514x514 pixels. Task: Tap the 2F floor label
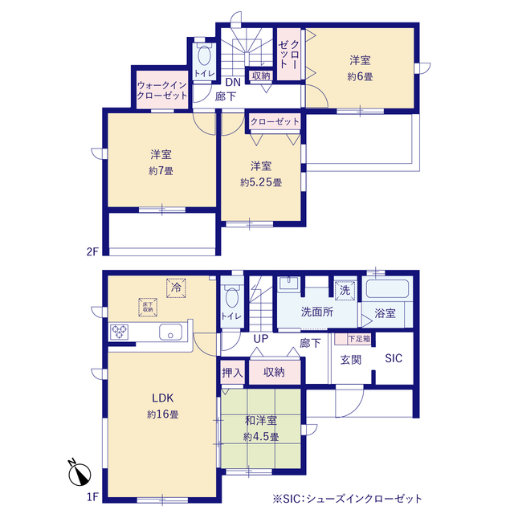(92, 251)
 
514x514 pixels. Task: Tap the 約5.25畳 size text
(260, 182)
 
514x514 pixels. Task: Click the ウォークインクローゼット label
(161, 89)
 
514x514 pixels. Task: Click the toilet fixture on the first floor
(233, 299)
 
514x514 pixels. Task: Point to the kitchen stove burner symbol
(120, 332)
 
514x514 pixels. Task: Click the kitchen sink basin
(172, 332)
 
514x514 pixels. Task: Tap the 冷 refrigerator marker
(173, 287)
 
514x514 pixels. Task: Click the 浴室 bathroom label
(385, 313)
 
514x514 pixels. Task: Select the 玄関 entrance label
(350, 358)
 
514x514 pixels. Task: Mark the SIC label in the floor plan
(394, 358)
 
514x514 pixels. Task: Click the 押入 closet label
(232, 372)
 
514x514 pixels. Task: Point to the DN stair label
(232, 82)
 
